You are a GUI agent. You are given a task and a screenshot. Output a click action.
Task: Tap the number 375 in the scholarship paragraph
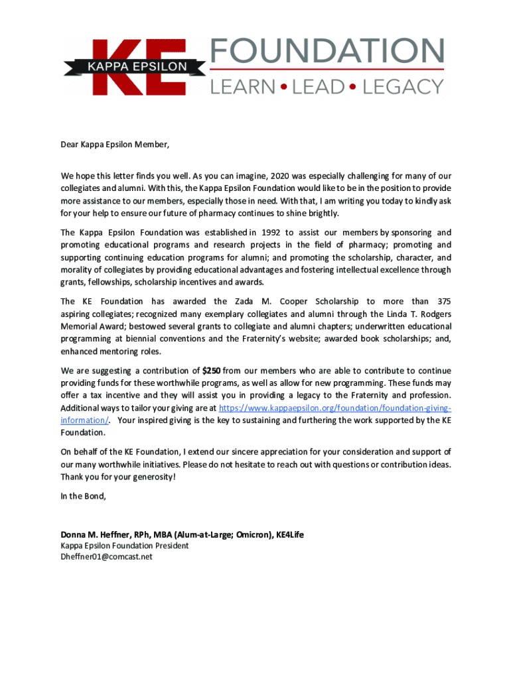pos(440,302)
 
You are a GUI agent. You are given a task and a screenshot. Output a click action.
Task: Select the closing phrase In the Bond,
pos(83,496)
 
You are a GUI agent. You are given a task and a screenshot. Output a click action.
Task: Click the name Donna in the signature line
pos(74,534)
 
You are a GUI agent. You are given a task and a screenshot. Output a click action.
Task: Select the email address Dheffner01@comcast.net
pos(106,557)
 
